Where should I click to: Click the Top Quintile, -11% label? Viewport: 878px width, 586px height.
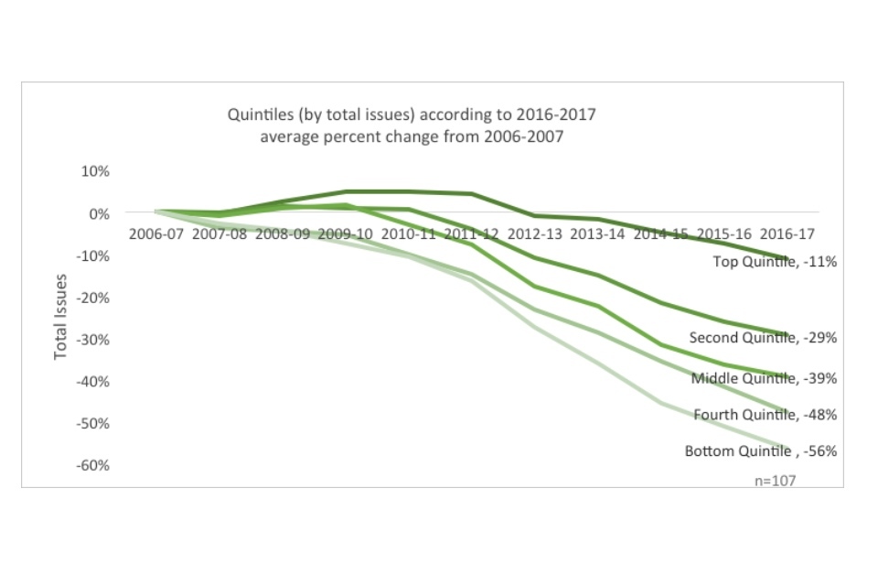point(775,262)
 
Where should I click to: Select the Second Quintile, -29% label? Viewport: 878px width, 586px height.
point(763,338)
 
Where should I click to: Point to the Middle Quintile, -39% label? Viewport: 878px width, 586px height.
point(764,378)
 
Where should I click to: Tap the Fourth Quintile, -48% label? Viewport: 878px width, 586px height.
point(765,415)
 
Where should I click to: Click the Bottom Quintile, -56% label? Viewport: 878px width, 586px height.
point(761,451)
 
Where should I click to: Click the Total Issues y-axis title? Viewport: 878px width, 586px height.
point(61,316)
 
